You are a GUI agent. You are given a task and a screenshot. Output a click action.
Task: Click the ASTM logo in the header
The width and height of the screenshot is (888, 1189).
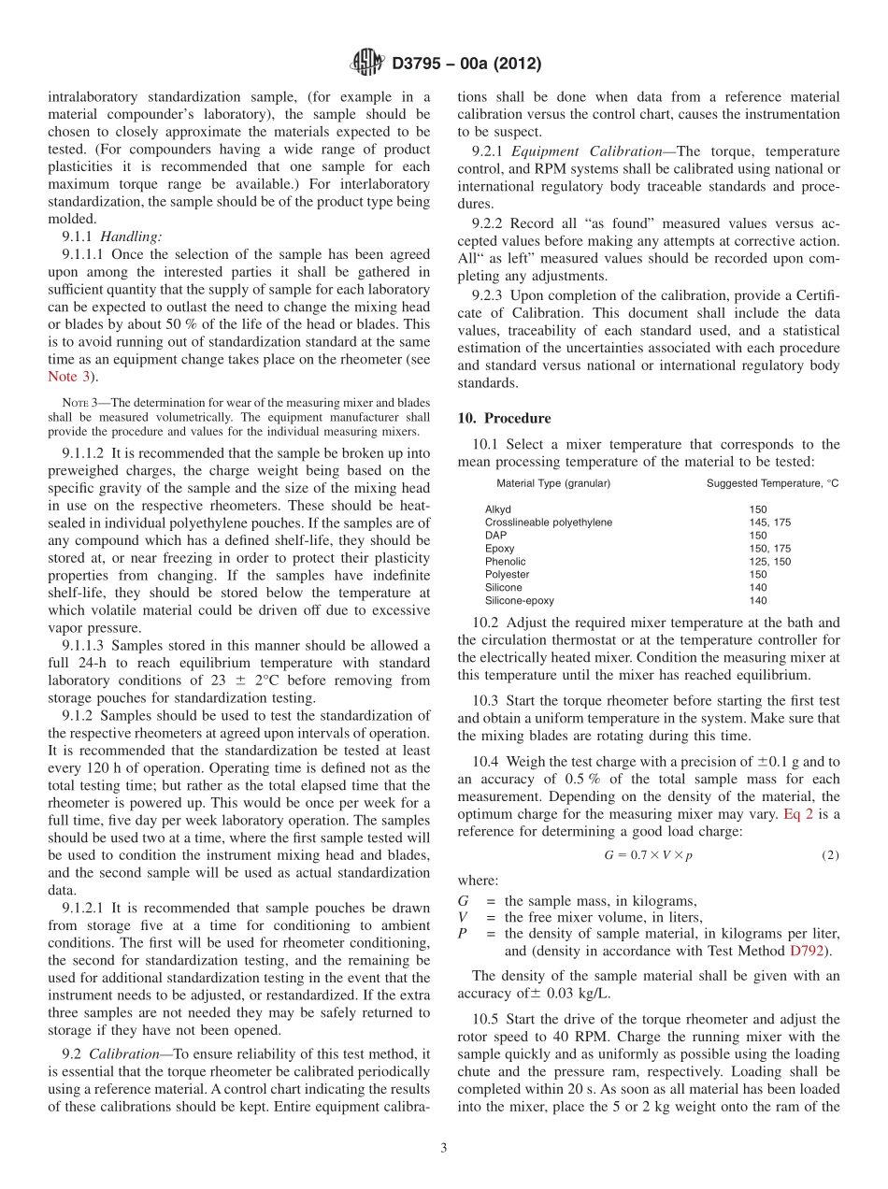366,63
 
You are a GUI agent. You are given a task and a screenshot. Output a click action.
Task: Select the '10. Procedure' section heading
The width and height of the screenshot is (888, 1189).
504,418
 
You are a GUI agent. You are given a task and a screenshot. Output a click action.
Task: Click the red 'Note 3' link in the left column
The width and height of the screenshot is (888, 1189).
70,376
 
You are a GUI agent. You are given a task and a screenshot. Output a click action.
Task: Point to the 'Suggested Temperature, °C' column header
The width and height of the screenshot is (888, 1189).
773,483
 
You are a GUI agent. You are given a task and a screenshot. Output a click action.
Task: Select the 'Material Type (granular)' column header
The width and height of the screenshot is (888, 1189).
553,483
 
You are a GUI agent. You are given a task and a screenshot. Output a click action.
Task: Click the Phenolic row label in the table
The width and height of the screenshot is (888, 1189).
505,562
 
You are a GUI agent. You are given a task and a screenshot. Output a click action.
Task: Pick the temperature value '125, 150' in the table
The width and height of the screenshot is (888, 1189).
769,562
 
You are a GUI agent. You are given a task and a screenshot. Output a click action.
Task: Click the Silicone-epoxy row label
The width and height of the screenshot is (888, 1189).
518,601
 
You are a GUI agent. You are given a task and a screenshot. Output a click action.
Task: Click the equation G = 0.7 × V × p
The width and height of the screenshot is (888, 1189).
648,855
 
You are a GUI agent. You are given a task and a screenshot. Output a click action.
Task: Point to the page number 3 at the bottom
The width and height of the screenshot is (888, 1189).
444,1148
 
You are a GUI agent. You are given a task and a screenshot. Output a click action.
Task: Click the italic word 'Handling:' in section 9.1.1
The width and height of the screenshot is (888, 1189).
131,237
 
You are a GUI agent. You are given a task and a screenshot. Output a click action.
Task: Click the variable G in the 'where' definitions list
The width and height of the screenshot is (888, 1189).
463,901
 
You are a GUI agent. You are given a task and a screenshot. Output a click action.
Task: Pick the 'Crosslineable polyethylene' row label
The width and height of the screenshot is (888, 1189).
549,523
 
